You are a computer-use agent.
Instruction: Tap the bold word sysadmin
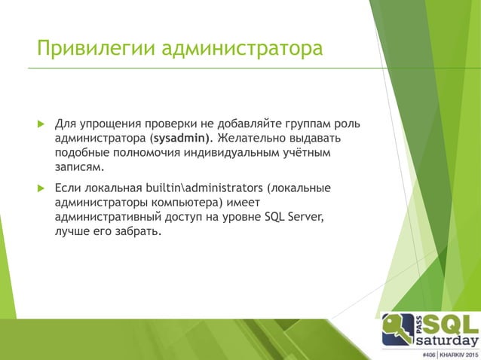point(181,138)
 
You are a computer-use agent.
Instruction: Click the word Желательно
point(253,138)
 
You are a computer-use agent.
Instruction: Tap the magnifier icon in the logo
point(396,330)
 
